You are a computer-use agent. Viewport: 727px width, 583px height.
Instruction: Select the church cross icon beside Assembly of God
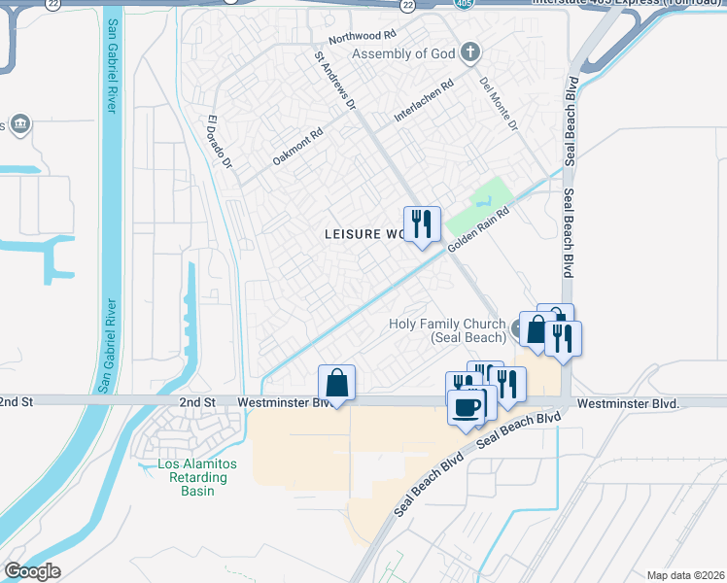pos(470,52)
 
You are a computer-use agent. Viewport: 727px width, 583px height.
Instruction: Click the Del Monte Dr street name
pos(500,105)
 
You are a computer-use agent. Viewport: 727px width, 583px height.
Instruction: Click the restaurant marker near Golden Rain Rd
pos(422,224)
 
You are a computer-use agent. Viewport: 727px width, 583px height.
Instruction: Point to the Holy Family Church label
pos(446,330)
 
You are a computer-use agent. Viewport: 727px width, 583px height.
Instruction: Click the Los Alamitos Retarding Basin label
pos(197,477)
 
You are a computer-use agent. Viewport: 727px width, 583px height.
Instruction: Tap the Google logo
pos(31,571)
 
